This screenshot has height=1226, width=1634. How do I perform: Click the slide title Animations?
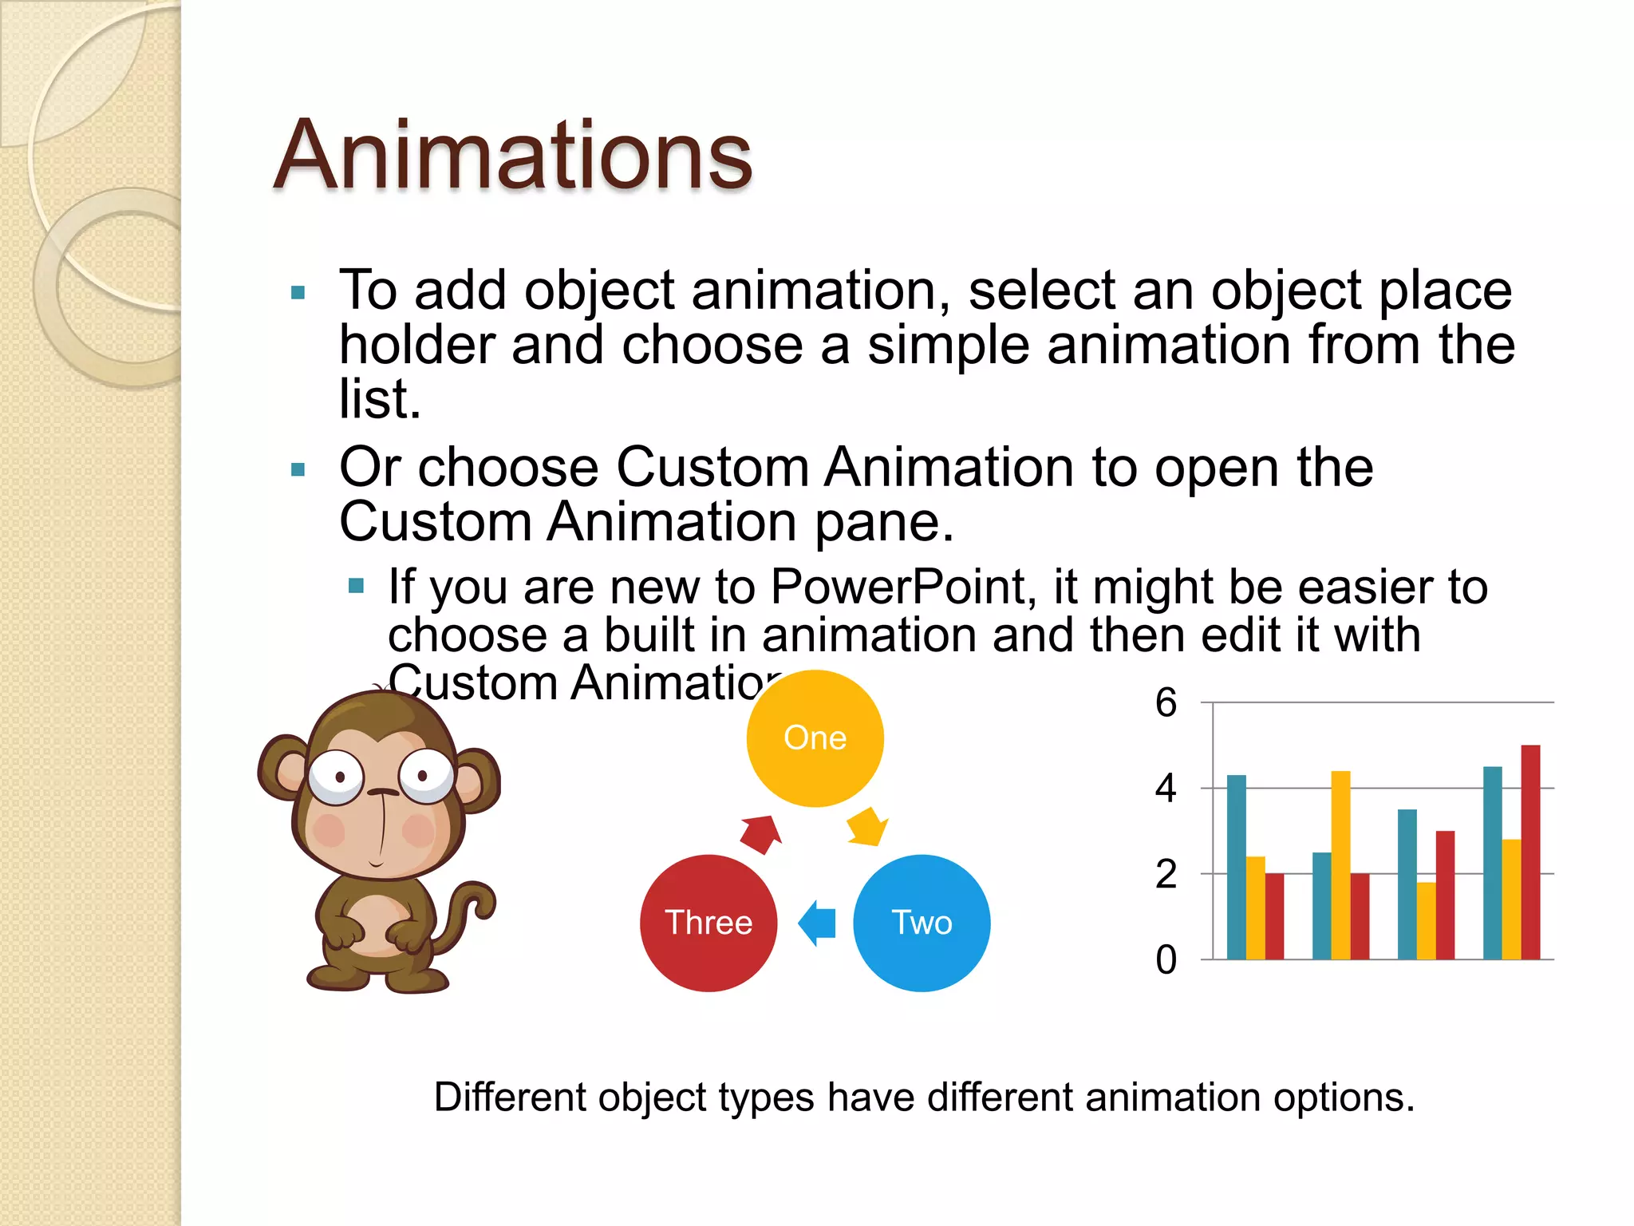(x=512, y=155)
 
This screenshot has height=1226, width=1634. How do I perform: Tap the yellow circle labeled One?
(x=815, y=738)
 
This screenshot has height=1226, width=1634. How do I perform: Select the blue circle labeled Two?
(x=922, y=923)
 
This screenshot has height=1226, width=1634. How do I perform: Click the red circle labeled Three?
(x=708, y=923)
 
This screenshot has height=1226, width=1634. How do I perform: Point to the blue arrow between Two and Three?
(x=818, y=923)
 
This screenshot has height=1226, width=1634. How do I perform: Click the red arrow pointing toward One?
(x=760, y=834)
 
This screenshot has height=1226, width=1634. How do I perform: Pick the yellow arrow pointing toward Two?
(x=866, y=827)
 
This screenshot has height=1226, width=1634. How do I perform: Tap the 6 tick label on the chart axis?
(x=1166, y=703)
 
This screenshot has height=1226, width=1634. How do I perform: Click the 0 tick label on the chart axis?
(x=1166, y=959)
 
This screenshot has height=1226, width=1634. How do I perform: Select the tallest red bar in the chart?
(x=1530, y=852)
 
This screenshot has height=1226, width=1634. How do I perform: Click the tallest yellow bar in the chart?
(x=1340, y=865)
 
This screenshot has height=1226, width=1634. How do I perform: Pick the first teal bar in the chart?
(x=1236, y=867)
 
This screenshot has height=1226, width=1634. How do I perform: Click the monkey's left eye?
(x=337, y=776)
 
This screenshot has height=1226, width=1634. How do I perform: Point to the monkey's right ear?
(x=477, y=778)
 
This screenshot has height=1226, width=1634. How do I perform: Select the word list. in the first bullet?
(x=379, y=398)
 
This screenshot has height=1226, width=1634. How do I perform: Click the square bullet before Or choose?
(x=298, y=469)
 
